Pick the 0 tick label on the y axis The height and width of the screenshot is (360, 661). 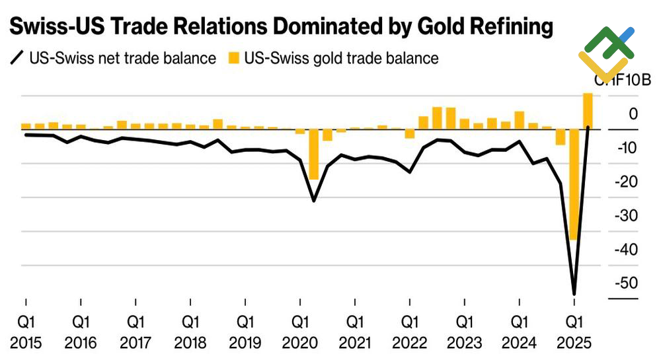click(x=633, y=114)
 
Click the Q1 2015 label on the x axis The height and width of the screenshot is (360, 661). click(x=26, y=332)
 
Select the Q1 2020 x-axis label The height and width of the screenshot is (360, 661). click(x=300, y=332)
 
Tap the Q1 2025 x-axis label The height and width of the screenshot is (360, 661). click(x=574, y=332)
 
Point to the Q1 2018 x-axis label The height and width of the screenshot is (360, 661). click(x=190, y=332)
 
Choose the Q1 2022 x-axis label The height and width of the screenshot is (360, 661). click(x=410, y=332)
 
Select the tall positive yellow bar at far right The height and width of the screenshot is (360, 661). click(x=588, y=111)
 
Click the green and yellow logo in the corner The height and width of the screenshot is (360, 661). click(x=606, y=52)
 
